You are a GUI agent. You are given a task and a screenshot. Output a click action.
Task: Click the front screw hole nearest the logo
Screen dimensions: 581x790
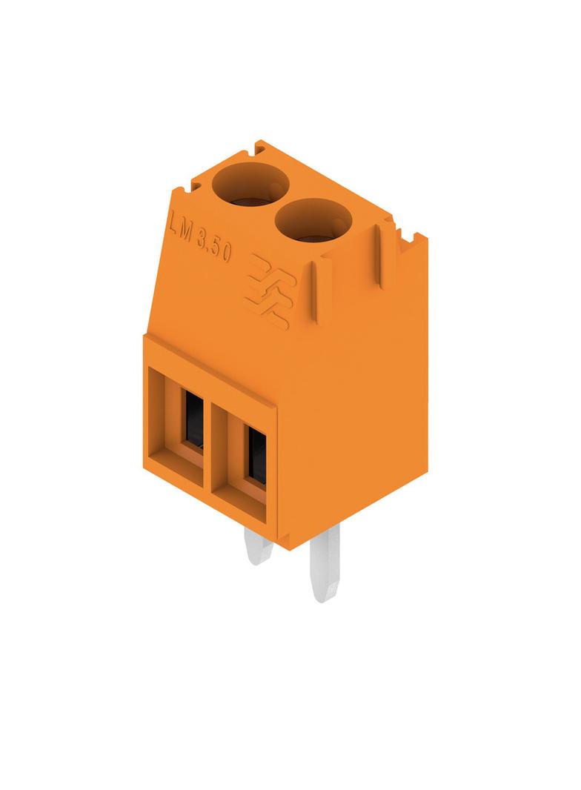pyautogui.click(x=313, y=221)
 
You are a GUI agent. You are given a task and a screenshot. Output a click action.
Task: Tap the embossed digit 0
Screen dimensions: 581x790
pyautogui.click(x=227, y=253)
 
